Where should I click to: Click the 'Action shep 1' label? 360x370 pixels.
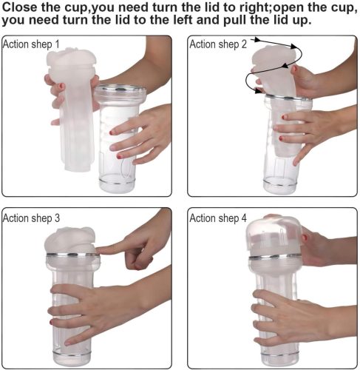click(x=31, y=44)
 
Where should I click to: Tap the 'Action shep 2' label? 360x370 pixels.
click(x=218, y=44)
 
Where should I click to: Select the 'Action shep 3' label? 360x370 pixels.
click(x=31, y=218)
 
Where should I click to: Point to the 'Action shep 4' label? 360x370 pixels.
click(x=218, y=218)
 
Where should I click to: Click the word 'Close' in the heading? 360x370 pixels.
click(x=19, y=7)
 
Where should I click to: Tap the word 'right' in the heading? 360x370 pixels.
click(x=254, y=8)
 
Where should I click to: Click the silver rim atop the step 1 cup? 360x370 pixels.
click(x=120, y=90)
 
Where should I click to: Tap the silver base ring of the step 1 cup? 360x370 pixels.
click(x=117, y=182)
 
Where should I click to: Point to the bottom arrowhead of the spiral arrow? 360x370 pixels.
click(x=258, y=90)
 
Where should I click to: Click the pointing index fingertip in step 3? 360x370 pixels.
click(x=98, y=250)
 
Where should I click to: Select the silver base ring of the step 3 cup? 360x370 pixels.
click(x=72, y=353)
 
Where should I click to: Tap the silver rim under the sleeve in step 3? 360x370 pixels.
click(x=73, y=255)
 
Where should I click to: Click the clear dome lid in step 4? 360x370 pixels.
click(x=274, y=235)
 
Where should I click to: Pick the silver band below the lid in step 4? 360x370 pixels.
click(x=275, y=257)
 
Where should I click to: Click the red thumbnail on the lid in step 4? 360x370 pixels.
click(x=305, y=238)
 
